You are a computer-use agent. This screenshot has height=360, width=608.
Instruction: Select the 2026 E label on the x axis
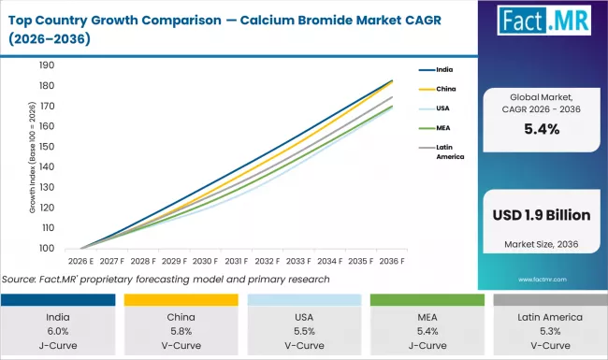click(81, 262)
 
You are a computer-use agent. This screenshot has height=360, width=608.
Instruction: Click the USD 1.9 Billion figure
click(541, 215)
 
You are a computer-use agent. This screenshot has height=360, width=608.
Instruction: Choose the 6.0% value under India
click(58, 330)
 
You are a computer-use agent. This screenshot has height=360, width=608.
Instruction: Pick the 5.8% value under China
click(181, 330)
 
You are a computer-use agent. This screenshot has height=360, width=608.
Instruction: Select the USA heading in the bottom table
click(303, 317)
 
